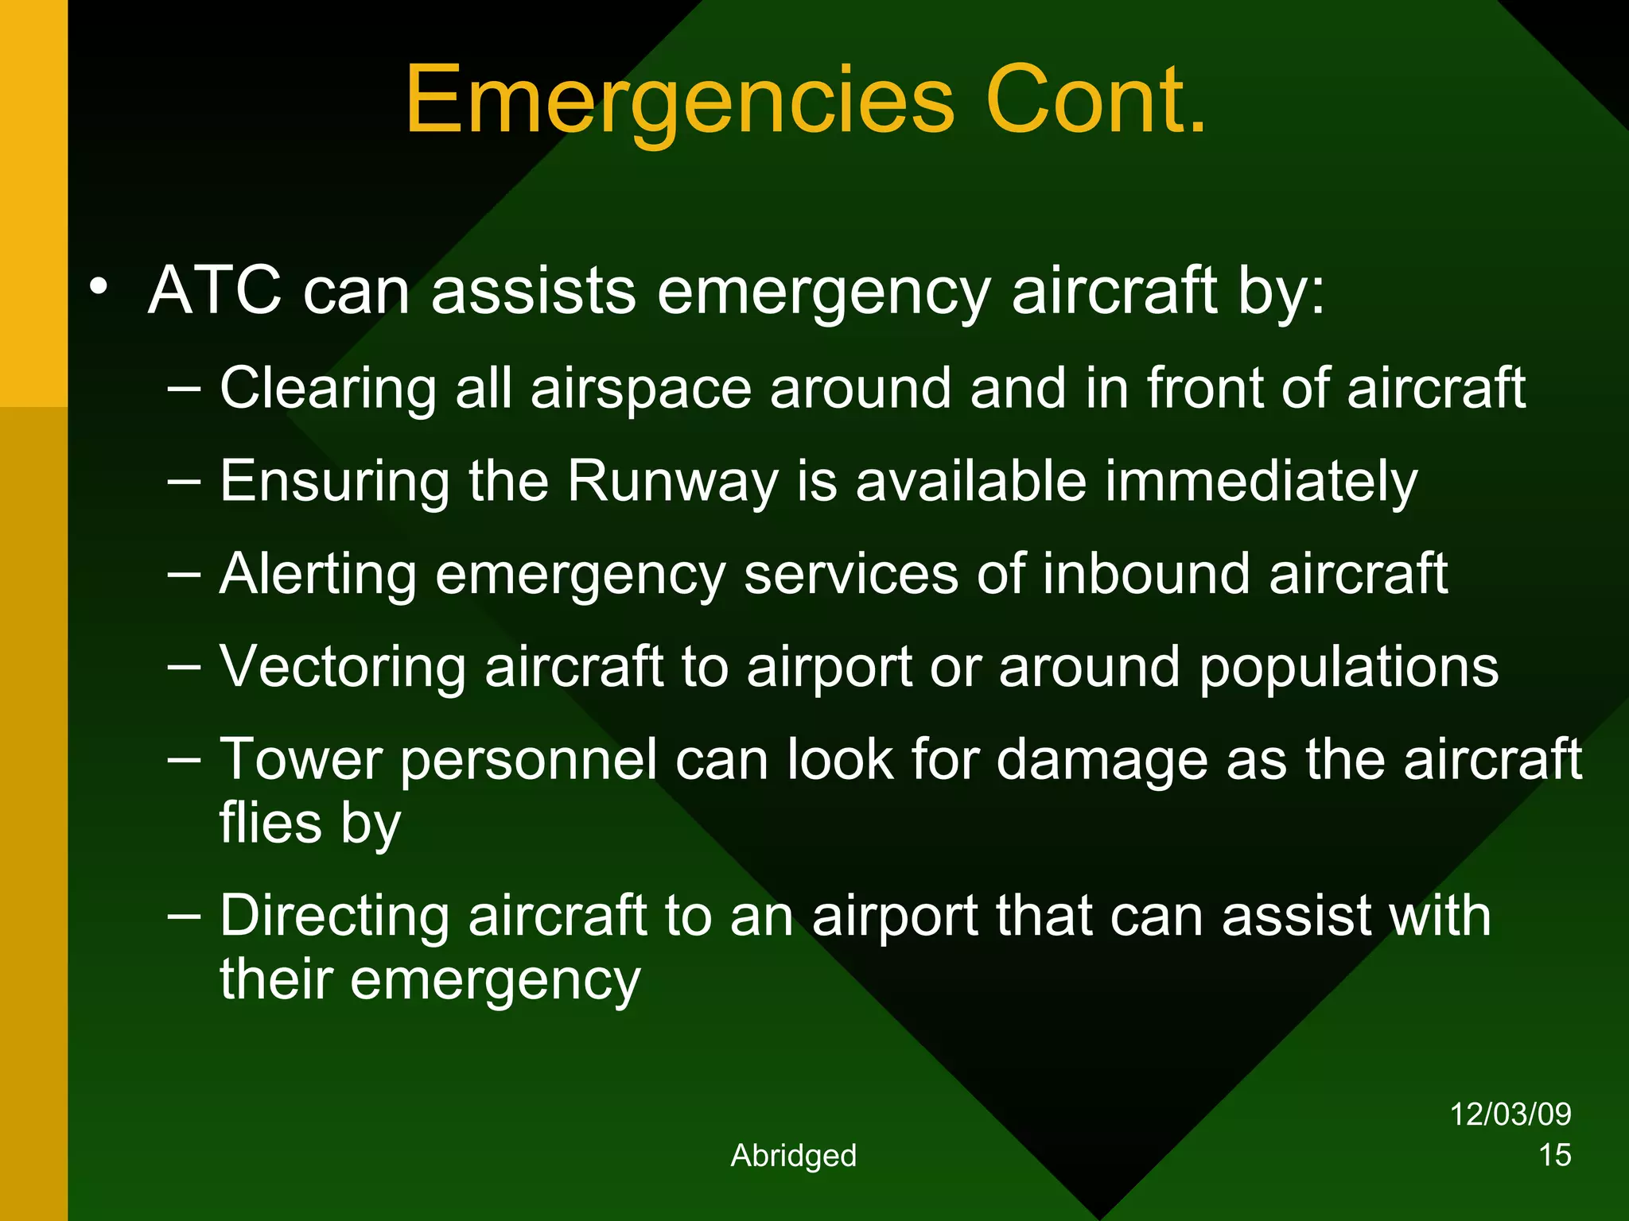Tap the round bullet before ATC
point(98,287)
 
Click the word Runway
point(672,483)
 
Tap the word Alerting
point(318,575)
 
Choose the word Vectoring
point(342,667)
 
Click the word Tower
point(301,759)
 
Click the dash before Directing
point(185,916)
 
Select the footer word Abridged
point(793,1155)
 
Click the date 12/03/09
point(1510,1114)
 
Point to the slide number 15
point(1554,1155)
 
